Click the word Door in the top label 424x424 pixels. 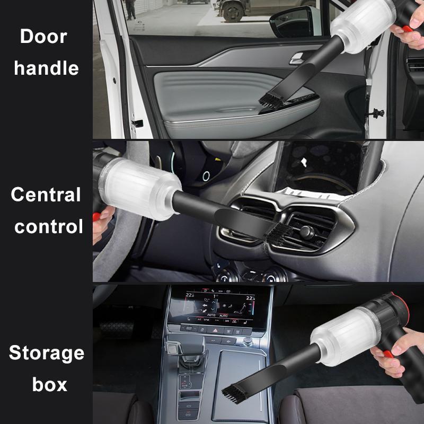coord(43,37)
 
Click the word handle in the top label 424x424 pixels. coord(47,68)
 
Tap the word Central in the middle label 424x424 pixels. coord(46,195)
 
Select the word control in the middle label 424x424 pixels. coord(49,227)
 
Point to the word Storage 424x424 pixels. coord(47,352)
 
